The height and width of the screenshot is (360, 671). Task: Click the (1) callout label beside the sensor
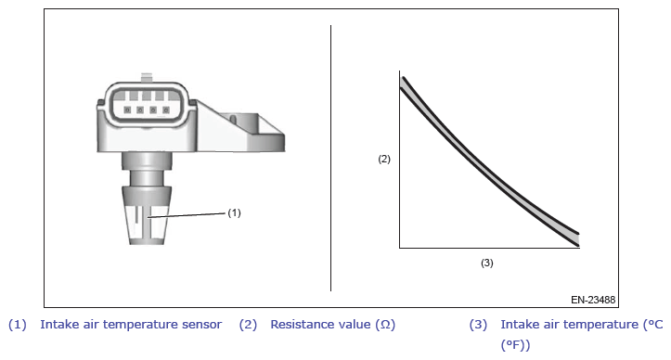pos(234,212)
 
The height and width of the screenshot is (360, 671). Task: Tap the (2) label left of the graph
pos(384,159)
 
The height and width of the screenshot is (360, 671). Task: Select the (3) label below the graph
pos(487,263)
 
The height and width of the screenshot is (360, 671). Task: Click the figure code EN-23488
pos(593,300)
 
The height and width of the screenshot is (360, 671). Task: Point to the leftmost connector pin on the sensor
pos(127,110)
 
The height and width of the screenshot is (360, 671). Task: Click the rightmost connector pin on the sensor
pos(166,110)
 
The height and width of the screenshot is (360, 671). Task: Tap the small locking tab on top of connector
pos(147,78)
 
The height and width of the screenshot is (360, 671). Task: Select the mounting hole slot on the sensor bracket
pos(233,119)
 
